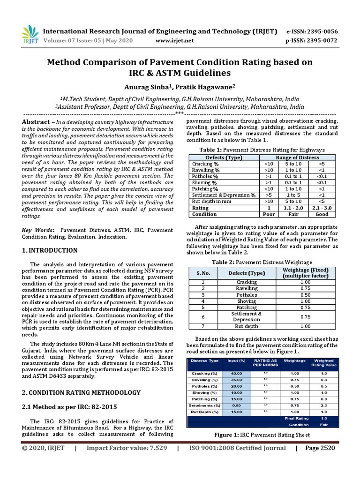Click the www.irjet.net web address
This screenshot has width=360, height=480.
pos(174,41)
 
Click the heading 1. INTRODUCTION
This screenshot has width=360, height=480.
pos(48,251)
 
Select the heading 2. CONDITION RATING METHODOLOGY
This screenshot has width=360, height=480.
pos(82,392)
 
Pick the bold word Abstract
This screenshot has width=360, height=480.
pos(36,122)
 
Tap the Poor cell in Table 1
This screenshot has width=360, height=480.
pos(269,214)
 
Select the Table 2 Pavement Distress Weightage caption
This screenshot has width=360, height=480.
pos(262,262)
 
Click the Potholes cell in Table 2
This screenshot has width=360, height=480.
pos(246,295)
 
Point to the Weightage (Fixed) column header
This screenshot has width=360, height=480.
pos(306,273)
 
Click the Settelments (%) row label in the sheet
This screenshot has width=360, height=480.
pos(204,405)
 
